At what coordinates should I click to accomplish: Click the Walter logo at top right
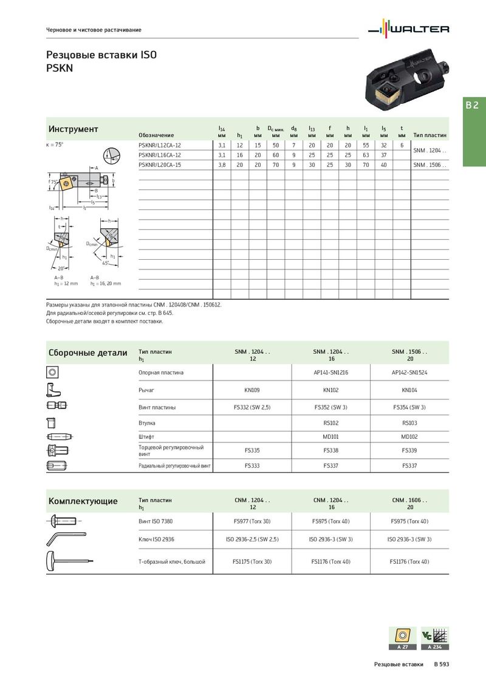click(x=410, y=29)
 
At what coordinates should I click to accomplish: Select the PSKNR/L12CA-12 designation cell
click(x=160, y=146)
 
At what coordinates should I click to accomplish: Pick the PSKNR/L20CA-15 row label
click(x=160, y=165)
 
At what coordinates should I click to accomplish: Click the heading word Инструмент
click(x=73, y=129)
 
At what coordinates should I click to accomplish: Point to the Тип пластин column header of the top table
click(x=430, y=135)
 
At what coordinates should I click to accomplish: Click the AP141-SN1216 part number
click(x=331, y=372)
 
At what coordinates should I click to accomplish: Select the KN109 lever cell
click(x=252, y=390)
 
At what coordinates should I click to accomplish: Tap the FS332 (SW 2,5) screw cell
click(x=252, y=407)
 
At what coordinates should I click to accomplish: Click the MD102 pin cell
click(x=409, y=436)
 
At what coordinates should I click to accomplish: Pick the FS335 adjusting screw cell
click(x=252, y=451)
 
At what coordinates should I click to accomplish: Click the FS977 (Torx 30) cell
click(x=252, y=521)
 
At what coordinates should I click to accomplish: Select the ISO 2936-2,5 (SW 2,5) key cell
click(x=252, y=539)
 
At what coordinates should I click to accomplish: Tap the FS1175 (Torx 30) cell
click(x=252, y=562)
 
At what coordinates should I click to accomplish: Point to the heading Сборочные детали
click(x=87, y=353)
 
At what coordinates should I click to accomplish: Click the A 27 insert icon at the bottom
click(x=402, y=638)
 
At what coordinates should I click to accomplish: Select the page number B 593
click(x=441, y=665)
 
